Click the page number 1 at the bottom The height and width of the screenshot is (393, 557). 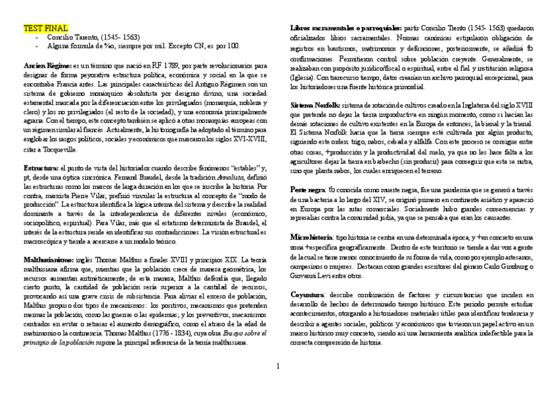click(x=278, y=365)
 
